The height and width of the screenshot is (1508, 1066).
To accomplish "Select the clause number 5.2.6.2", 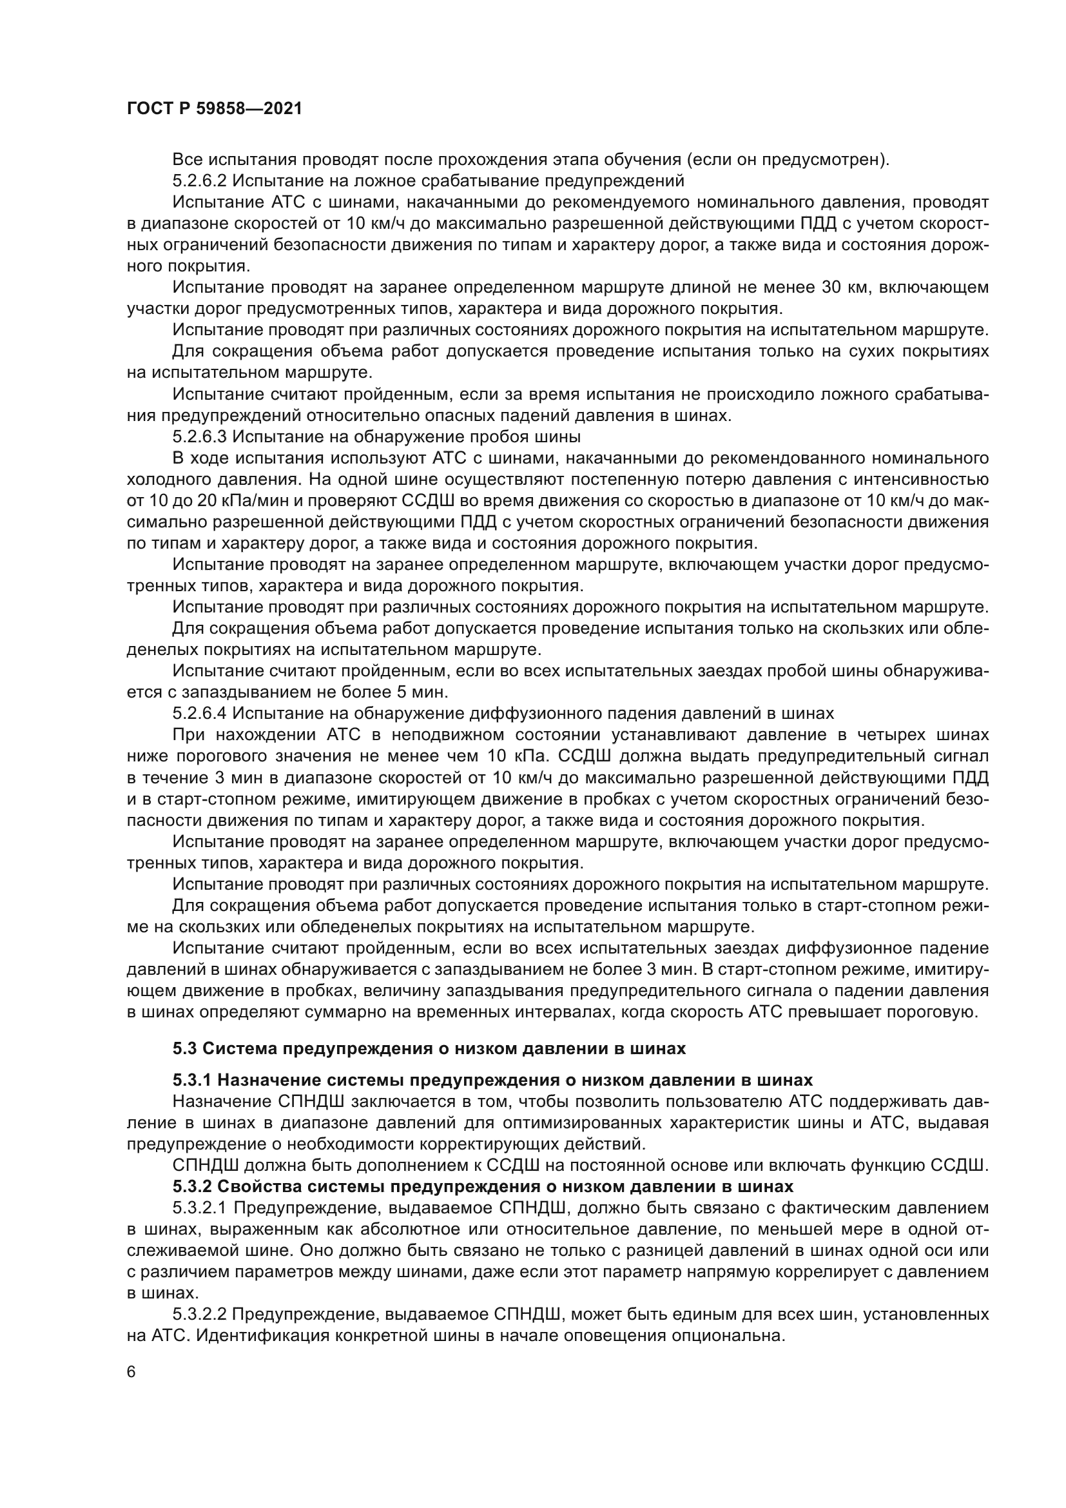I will (x=200, y=181).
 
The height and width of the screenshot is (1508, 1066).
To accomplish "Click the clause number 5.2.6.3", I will (x=200, y=436).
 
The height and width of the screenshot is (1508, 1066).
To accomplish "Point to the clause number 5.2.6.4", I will (x=200, y=714).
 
